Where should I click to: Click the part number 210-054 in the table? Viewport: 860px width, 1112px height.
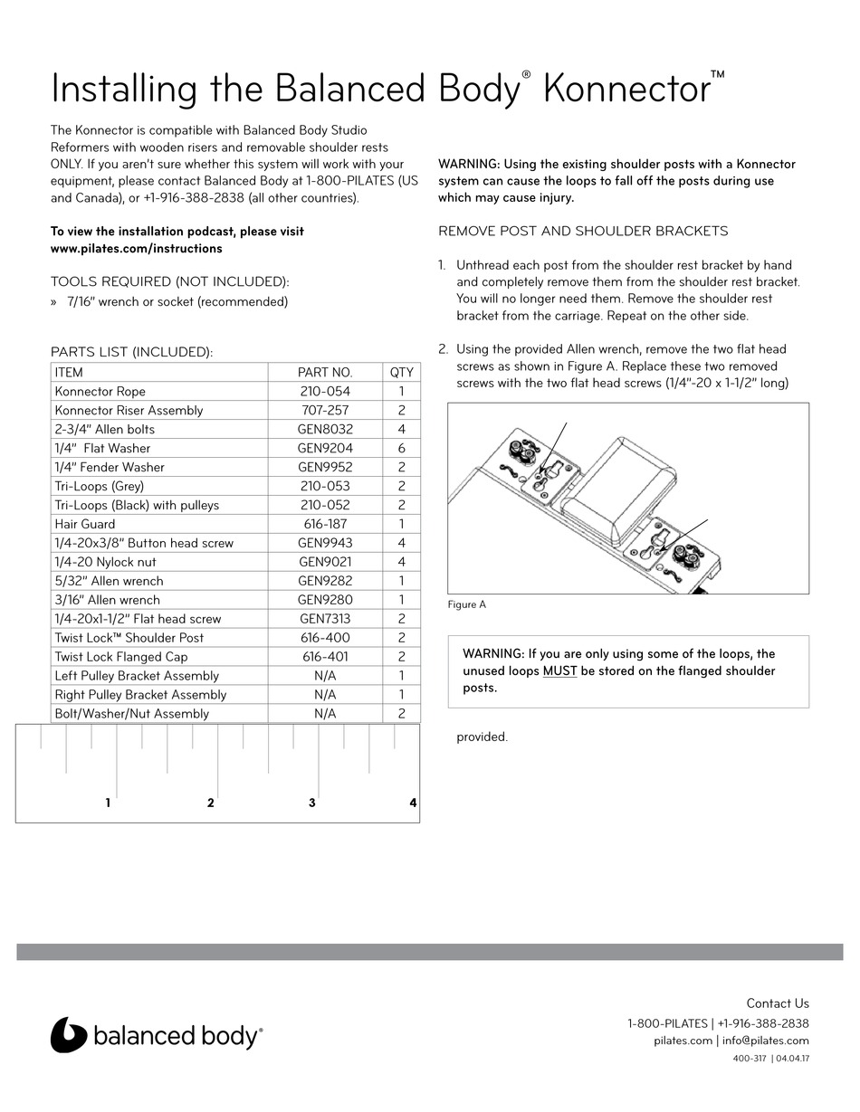(x=325, y=392)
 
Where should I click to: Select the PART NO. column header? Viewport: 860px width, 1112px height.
(x=325, y=372)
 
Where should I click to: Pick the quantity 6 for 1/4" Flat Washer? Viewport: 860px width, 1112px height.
(x=401, y=448)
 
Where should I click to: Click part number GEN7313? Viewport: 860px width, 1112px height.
(x=325, y=619)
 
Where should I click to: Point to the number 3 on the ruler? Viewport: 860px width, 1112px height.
(x=311, y=803)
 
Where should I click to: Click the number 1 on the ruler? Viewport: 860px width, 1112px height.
(x=108, y=803)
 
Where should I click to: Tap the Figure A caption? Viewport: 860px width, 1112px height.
(x=467, y=604)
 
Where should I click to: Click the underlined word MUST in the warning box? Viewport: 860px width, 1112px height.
(x=559, y=670)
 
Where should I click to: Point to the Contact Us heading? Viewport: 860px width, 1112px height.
(x=777, y=1003)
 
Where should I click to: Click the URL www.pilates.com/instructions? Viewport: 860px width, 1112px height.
(x=136, y=248)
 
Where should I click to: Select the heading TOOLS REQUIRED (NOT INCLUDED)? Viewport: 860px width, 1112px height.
(x=170, y=282)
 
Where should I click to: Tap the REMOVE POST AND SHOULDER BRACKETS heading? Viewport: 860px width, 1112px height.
(x=583, y=231)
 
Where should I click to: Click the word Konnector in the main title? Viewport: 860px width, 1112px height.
(x=628, y=90)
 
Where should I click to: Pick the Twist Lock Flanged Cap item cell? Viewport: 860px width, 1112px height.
(x=121, y=657)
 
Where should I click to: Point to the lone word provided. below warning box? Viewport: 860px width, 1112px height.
(x=482, y=737)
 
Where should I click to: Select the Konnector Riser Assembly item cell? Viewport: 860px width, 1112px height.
(x=129, y=411)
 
